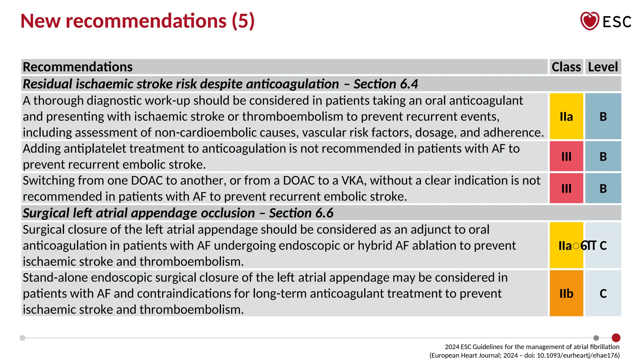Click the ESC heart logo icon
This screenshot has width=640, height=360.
point(589,21)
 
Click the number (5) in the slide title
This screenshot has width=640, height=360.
point(243,21)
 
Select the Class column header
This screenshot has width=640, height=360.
point(566,67)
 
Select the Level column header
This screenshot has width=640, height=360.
point(603,67)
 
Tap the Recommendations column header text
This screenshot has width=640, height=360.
point(78,67)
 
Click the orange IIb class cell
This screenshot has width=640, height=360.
point(566,293)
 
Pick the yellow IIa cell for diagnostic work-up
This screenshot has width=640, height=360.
point(566,117)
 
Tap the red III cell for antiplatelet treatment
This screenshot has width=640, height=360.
point(566,156)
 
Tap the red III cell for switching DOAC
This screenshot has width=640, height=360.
point(566,188)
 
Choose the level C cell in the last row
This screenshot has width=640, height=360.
point(603,293)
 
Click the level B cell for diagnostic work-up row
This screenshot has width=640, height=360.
point(603,117)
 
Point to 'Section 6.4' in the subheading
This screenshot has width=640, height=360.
point(386,84)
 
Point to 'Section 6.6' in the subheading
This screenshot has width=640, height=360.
point(301,213)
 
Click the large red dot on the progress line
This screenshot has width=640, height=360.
point(616,338)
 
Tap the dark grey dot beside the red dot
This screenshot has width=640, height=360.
point(596,338)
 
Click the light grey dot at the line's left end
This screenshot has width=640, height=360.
point(22,338)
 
